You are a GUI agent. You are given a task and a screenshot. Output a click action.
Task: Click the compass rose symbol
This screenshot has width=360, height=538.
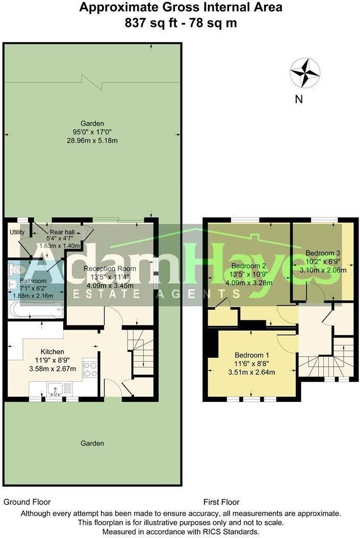tap(305, 73)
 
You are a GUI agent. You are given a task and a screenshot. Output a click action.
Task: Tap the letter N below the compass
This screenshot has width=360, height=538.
tap(299, 99)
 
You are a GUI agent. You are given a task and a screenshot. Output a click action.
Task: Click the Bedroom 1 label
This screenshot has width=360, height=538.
tap(252, 355)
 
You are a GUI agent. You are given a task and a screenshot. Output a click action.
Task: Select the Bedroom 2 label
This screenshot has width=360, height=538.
tap(249, 266)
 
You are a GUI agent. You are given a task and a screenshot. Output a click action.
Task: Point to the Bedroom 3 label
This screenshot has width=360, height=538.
tap(323, 253)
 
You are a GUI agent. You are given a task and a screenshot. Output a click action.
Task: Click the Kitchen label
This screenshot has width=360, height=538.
tap(53, 352)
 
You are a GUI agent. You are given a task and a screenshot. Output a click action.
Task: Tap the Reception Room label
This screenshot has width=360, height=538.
tap(110, 268)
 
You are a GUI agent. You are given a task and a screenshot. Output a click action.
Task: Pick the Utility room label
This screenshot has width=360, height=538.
tap(17, 232)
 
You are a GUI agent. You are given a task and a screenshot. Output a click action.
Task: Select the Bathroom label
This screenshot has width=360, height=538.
tap(33, 281)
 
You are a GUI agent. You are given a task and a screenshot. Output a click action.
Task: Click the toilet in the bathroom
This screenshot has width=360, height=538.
tap(19, 268)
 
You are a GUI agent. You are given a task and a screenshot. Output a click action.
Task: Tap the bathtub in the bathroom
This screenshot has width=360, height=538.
tap(36, 309)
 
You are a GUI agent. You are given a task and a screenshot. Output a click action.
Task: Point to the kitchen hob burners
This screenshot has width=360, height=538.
tap(90, 369)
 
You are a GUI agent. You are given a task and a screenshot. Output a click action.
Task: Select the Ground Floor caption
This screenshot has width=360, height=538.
tap(27, 502)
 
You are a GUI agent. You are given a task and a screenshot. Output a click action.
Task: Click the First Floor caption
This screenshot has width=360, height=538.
tap(221, 502)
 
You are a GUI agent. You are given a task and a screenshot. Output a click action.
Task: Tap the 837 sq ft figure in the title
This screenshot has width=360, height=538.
tap(145, 23)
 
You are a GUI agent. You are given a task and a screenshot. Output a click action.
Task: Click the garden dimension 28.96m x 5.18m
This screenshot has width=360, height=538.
tap(92, 140)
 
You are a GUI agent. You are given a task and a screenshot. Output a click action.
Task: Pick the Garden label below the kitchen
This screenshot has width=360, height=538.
tap(92, 443)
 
